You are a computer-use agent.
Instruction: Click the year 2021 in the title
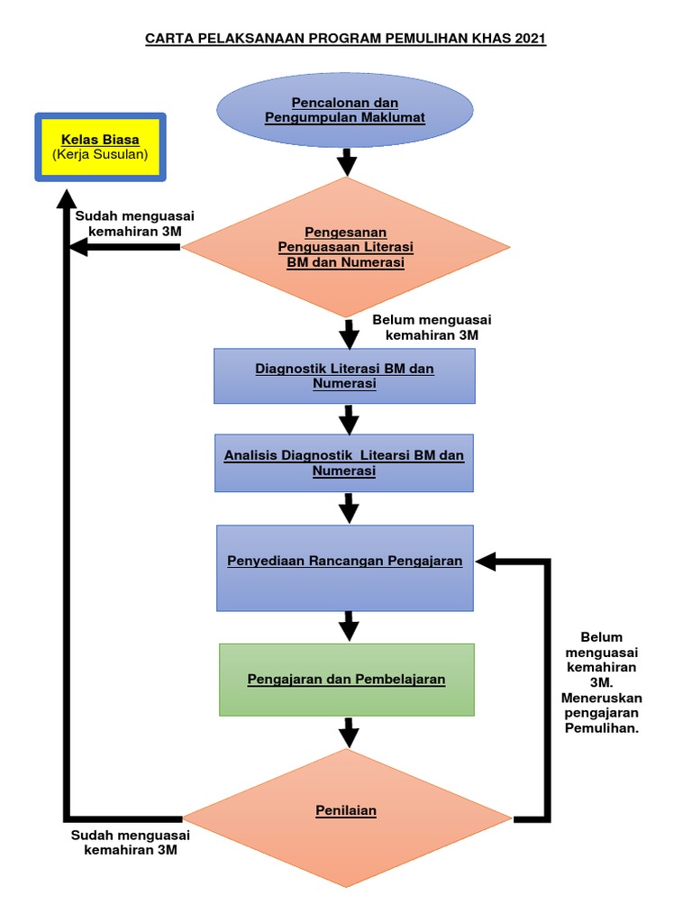coord(529,40)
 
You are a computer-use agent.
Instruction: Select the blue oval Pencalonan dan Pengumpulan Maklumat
coord(345,110)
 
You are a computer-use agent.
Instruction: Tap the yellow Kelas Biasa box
coord(99,147)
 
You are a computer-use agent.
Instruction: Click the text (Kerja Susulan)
coord(100,155)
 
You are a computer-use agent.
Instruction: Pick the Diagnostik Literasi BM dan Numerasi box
coord(345,376)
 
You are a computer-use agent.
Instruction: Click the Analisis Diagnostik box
coord(344,463)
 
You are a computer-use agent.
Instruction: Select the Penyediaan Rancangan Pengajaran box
coord(345,567)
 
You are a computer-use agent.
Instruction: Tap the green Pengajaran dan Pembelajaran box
coord(346,679)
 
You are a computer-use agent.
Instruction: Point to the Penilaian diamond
coord(346,811)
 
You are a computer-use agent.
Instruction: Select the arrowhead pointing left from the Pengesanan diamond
coord(83,247)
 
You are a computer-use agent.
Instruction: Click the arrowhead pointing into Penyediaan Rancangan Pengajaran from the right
coord(487,562)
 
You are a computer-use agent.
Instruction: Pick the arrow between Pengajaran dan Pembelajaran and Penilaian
coord(347,730)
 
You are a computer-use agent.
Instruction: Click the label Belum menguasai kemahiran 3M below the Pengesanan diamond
coord(432,328)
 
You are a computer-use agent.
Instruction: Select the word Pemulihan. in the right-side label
coord(601,729)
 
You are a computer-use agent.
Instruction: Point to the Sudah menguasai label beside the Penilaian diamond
coord(132,842)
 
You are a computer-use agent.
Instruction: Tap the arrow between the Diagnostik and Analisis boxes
coord(347,418)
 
